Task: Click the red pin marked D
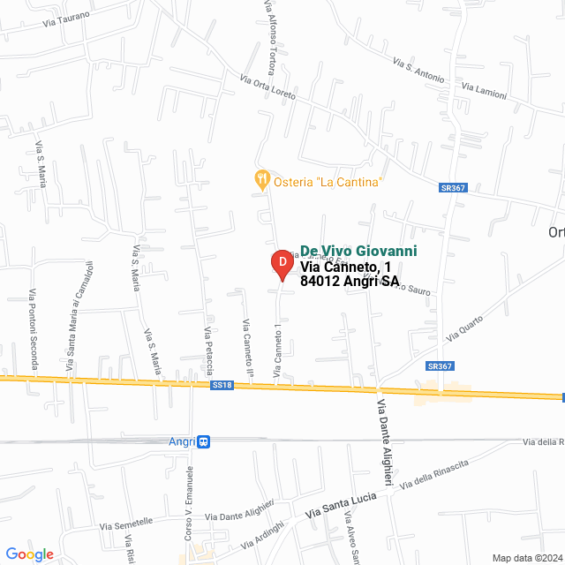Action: pos(281,263)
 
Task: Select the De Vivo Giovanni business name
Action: pos(358,252)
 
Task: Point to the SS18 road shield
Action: pos(222,385)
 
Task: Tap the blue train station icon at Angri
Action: pos(204,441)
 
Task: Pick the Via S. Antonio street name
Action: pos(418,71)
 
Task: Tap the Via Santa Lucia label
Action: pos(341,506)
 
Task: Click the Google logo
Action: pos(30,554)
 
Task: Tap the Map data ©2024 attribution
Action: pos(527,558)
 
